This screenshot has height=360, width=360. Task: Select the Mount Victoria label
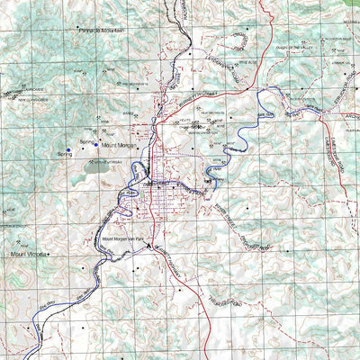(x=27, y=255)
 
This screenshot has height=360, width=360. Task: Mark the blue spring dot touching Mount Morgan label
(x=96, y=143)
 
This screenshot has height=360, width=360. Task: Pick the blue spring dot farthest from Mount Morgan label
(x=67, y=149)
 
